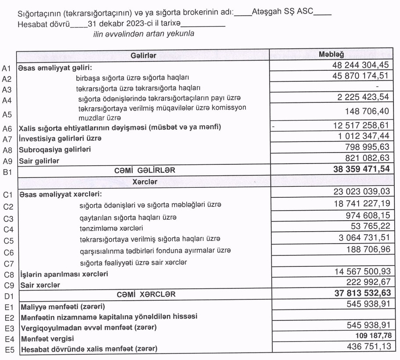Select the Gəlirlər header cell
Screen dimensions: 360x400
pyautogui.click(x=144, y=55)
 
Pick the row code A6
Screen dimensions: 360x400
pyautogui.click(x=7, y=129)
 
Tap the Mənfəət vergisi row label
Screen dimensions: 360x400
pyautogui.click(x=43, y=339)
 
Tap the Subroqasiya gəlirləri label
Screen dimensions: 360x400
pyautogui.click(x=54, y=149)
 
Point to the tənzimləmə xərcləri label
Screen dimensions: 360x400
pyautogui.click(x=112, y=228)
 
